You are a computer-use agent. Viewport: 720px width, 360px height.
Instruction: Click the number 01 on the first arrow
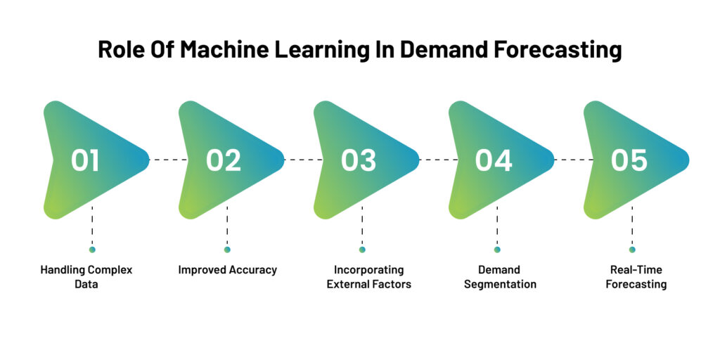pos(85,160)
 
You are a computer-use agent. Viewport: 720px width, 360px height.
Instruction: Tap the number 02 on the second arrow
pos(224,160)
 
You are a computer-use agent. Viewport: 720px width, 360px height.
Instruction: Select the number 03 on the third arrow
pos(359,160)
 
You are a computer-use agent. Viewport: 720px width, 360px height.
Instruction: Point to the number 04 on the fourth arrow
pos(494,160)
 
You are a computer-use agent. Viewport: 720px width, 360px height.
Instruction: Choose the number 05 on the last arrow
pos(629,160)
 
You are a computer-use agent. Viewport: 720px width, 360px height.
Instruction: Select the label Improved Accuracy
pos(227,270)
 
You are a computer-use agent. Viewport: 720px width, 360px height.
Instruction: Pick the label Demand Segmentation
pos(500,277)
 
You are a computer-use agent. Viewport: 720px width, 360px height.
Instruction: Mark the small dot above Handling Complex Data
pos(92,250)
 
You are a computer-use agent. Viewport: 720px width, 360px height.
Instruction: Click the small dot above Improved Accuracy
pos(227,250)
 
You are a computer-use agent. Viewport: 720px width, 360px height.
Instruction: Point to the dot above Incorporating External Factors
pos(362,250)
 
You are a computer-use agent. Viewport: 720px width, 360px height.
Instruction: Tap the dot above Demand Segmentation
pos(497,250)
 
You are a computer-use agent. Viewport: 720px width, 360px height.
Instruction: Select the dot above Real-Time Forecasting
pos(632,250)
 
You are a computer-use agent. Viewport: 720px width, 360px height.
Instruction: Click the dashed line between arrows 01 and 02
pos(166,160)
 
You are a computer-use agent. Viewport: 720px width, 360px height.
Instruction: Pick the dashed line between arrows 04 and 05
pos(571,160)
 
